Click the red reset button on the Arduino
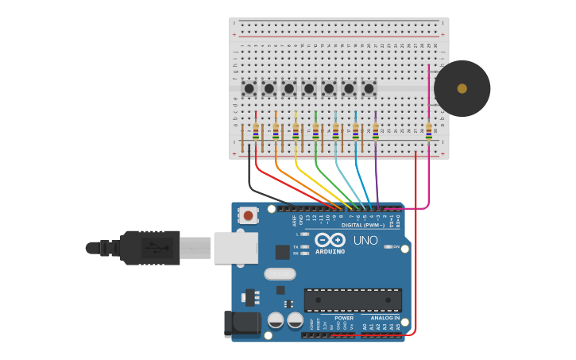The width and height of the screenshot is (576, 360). coord(249,215)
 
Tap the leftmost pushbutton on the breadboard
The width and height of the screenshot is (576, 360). coord(249,88)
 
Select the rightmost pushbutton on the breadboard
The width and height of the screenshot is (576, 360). coord(369,88)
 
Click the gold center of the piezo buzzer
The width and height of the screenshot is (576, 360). coord(462,88)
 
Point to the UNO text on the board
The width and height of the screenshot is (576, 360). coord(365,241)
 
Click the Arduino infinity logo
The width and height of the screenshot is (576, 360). coord(329,240)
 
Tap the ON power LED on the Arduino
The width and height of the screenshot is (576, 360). coord(389,247)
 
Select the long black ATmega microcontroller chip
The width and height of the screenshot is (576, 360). coord(353,300)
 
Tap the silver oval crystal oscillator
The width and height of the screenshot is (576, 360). coord(280,274)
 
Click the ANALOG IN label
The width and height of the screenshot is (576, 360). coord(385,318)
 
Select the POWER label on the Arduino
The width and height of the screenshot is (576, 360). coord(344,318)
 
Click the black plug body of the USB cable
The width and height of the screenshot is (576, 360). coord(150,247)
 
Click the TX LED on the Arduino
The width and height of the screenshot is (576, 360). coord(305,247)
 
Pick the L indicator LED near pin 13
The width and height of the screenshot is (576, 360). coord(305,234)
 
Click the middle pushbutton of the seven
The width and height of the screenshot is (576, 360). coord(309,88)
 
